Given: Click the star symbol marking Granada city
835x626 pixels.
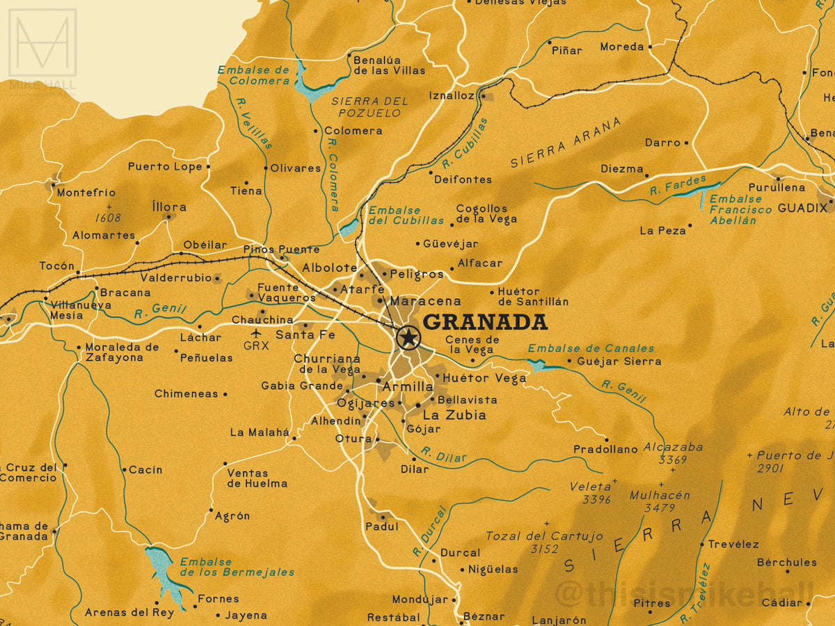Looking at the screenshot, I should pos(408,338).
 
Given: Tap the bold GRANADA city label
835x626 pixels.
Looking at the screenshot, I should pos(485,322).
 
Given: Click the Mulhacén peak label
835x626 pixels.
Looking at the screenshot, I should pos(659,495).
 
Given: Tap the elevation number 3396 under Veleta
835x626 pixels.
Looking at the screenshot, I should pos(596,499).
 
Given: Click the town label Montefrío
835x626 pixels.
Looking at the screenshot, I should pos(86,193).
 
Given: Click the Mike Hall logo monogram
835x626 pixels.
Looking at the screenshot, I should pos(42,43).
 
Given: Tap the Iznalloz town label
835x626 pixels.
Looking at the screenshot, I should pos(452,95).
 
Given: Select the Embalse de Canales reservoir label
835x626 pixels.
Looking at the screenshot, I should pos(591,348).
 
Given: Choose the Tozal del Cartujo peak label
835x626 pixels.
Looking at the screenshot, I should pos(543,536).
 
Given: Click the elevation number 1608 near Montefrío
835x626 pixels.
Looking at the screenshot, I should pos(108,218).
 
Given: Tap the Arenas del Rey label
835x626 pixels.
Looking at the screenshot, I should pos(119,613).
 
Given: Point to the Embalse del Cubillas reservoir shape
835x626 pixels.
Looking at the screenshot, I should pos(349,227).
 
